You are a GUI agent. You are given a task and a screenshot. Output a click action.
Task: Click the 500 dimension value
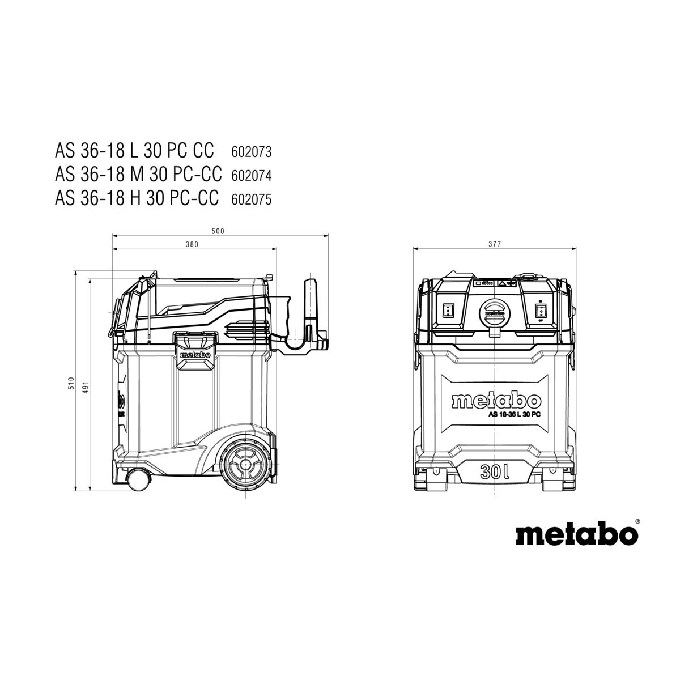(x=218, y=232)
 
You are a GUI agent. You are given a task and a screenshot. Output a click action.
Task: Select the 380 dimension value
(x=192, y=244)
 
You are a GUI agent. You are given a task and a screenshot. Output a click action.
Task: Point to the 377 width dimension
(x=495, y=244)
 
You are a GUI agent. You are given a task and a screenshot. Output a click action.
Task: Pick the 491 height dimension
(x=86, y=387)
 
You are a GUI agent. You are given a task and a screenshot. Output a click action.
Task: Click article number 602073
(x=251, y=152)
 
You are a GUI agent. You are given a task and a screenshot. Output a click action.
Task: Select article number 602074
(x=251, y=176)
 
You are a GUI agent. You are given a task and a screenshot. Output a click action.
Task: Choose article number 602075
(x=251, y=199)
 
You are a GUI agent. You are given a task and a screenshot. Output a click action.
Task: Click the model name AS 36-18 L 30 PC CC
(x=134, y=150)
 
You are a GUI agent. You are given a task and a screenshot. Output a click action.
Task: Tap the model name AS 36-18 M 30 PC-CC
(x=138, y=175)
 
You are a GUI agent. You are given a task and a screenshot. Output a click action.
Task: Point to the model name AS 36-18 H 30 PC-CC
(x=137, y=198)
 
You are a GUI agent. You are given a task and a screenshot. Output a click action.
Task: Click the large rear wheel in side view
(x=245, y=465)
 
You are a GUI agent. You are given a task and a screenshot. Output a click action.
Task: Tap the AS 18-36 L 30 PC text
(x=515, y=415)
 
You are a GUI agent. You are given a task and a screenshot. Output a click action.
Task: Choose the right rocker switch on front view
(x=539, y=312)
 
